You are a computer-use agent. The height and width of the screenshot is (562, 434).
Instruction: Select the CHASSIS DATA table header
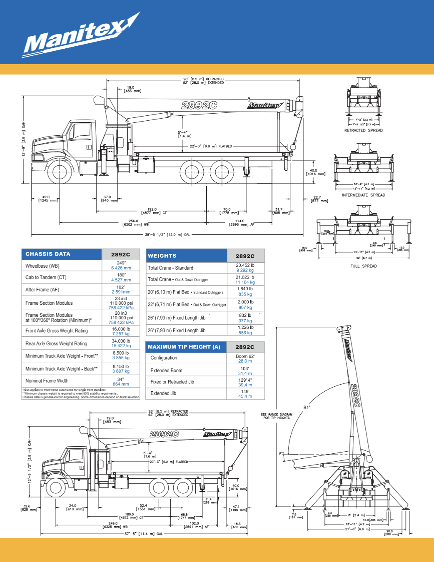[48, 254]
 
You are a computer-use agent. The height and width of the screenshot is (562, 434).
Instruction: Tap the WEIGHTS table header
[162, 256]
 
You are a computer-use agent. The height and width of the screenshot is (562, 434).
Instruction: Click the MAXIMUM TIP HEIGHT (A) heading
[184, 347]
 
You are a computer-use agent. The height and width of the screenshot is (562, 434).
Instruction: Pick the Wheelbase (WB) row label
[42, 266]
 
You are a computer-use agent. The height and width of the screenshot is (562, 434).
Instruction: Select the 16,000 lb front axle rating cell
[121, 331]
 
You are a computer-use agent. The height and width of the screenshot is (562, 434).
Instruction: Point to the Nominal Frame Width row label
[47, 381]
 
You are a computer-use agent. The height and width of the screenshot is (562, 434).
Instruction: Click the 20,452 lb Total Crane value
[245, 268]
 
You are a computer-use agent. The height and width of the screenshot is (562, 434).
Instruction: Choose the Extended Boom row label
[166, 371]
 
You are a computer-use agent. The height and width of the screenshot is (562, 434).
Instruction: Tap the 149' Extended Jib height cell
[245, 394]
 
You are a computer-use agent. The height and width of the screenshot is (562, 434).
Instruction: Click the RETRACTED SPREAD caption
[363, 130]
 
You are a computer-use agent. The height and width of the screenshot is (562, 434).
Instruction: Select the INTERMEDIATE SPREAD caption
[363, 195]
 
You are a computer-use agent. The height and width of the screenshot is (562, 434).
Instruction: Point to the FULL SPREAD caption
[363, 266]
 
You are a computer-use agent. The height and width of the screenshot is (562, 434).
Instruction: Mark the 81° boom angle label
[307, 407]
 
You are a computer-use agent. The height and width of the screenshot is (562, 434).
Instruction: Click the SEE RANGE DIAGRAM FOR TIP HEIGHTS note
[277, 416]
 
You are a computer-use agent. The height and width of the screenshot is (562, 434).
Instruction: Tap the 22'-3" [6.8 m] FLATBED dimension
[211, 146]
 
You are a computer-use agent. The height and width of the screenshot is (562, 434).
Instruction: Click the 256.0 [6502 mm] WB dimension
[135, 223]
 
